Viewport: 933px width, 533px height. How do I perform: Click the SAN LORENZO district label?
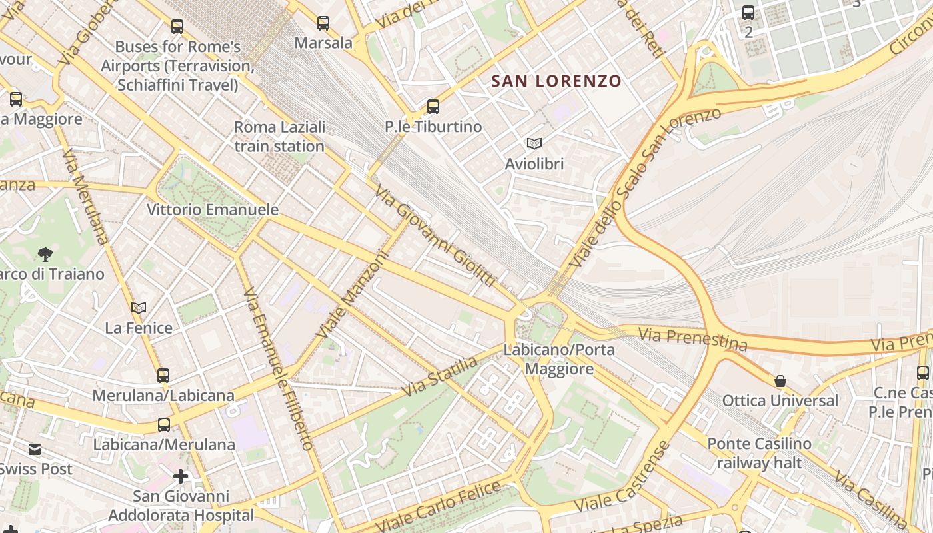click(556, 81)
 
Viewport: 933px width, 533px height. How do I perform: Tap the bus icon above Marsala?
click(323, 23)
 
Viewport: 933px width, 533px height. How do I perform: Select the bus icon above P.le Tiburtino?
click(433, 107)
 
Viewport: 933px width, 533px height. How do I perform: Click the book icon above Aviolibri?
click(534, 143)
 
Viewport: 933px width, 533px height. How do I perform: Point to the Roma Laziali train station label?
click(279, 137)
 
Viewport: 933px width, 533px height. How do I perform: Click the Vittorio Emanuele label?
click(213, 209)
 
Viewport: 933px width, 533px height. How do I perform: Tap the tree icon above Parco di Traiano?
click(45, 254)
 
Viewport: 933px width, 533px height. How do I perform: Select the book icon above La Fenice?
click(139, 308)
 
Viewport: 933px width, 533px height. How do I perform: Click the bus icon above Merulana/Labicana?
click(163, 375)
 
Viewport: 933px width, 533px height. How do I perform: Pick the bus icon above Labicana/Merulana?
click(163, 424)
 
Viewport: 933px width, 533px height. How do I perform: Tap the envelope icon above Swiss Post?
click(35, 450)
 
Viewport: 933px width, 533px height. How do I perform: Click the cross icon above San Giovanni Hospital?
click(181, 476)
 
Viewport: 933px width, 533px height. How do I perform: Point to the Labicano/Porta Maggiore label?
click(559, 359)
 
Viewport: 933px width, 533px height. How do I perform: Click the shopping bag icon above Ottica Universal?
click(780, 381)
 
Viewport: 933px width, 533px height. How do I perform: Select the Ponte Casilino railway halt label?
click(759, 453)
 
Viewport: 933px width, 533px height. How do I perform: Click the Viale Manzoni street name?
click(353, 294)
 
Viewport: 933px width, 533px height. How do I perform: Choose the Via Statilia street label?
click(440, 376)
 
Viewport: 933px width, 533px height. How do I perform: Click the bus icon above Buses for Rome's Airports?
click(177, 27)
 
